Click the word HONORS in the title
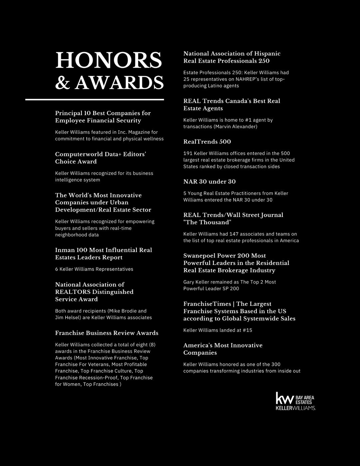pos(108,60)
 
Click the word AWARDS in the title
pos(119,83)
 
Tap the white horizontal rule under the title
pos(94,99)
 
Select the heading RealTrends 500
pos(207,142)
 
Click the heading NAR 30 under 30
pos(209,182)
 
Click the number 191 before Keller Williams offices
pos(187,153)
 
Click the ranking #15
pos(247,330)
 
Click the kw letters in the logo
pos(284,398)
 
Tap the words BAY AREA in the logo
pos(304,398)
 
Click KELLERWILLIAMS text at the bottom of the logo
pos(295,408)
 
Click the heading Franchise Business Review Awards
pos(106,333)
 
